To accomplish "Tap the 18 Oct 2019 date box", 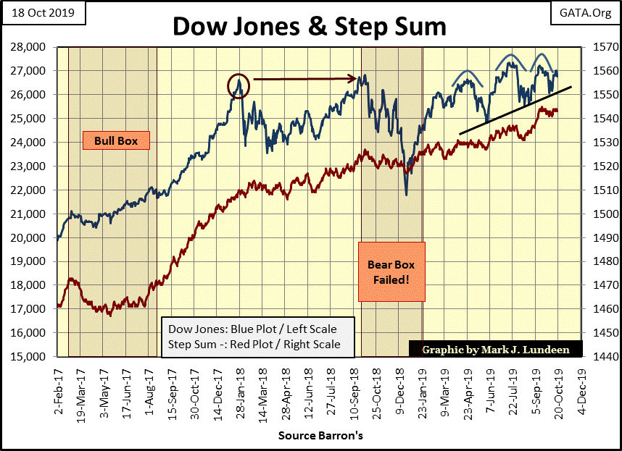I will pyautogui.click(x=43, y=12).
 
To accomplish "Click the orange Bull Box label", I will pyautogui.click(x=115, y=139).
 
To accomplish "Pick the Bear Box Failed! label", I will pyautogui.click(x=391, y=271).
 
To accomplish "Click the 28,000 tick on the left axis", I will pyautogui.click(x=32, y=47).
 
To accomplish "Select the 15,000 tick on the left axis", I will pyautogui.click(x=32, y=357).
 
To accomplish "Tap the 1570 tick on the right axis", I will pyautogui.click(x=600, y=47).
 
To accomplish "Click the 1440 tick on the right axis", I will pyautogui.click(x=600, y=357).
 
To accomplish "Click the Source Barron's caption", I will pyautogui.click(x=320, y=437).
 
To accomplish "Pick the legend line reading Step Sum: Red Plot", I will pyautogui.click(x=250, y=345).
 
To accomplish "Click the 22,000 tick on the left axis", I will pyautogui.click(x=32, y=190).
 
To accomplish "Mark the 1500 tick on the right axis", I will pyautogui.click(x=600, y=214).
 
